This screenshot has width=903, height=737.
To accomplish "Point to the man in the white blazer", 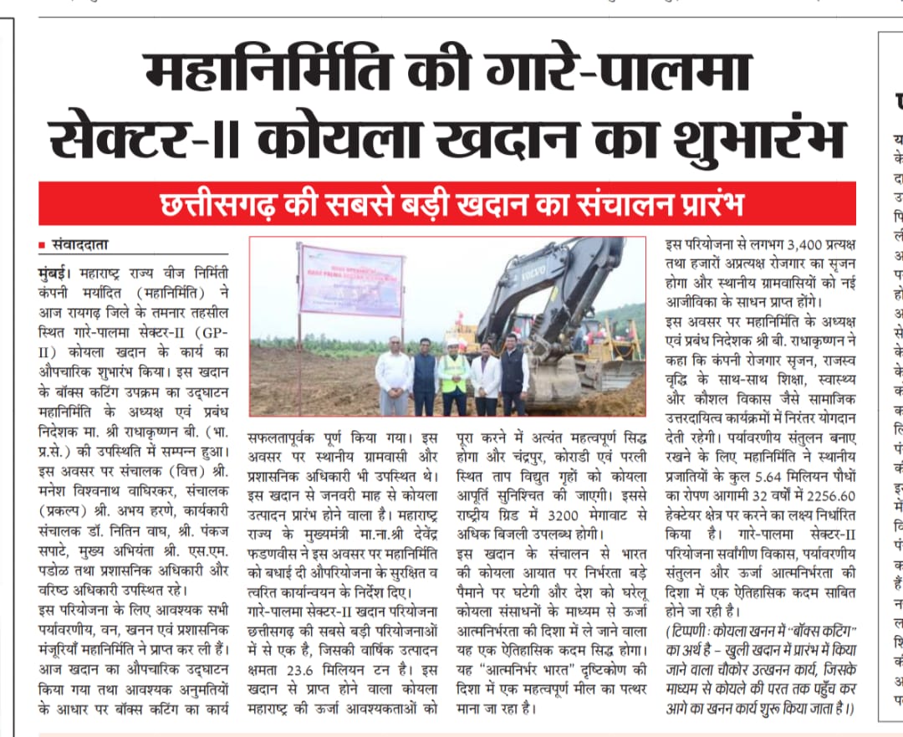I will (x=485, y=381).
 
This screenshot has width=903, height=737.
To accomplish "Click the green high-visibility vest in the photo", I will (x=455, y=373).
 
